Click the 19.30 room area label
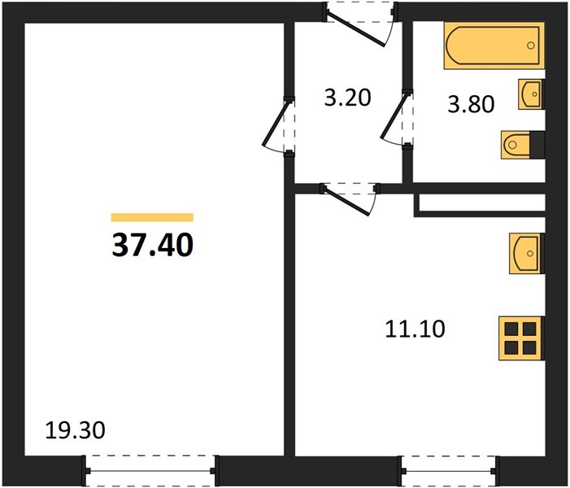[76, 430]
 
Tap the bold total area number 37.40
[153, 245]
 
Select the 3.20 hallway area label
[347, 98]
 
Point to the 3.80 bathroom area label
[471, 104]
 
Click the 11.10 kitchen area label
[415, 329]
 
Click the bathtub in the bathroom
[494, 46]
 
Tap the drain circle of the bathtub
[531, 46]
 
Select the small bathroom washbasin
[531, 94]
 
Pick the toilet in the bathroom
[522, 145]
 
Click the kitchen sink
[527, 253]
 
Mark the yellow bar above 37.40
[152, 217]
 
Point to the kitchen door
[349, 199]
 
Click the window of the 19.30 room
[150, 471]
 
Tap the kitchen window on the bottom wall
[450, 471]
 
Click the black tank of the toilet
[537, 145]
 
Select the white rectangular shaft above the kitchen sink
[482, 203]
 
